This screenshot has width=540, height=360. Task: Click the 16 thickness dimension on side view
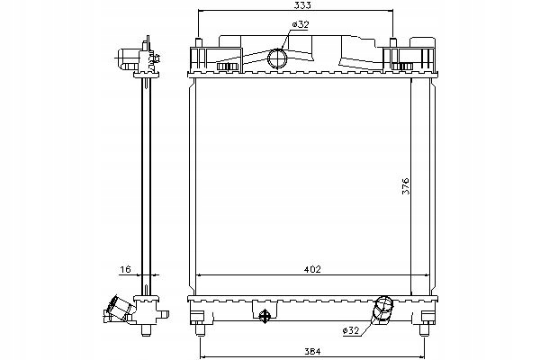pyautogui.click(x=124, y=268)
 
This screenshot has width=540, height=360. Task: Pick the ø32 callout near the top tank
pyautogui.click(x=299, y=25)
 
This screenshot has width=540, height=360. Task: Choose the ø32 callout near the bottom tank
pyautogui.click(x=353, y=331)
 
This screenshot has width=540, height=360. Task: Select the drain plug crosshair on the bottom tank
pyautogui.click(x=265, y=316)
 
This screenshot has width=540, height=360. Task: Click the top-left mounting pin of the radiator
pyautogui.click(x=197, y=41)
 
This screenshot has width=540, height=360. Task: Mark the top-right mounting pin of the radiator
pyautogui.click(x=393, y=41)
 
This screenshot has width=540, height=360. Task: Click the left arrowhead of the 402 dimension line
pyautogui.click(x=198, y=274)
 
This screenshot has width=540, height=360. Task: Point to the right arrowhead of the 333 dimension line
pyautogui.click(x=391, y=11)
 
